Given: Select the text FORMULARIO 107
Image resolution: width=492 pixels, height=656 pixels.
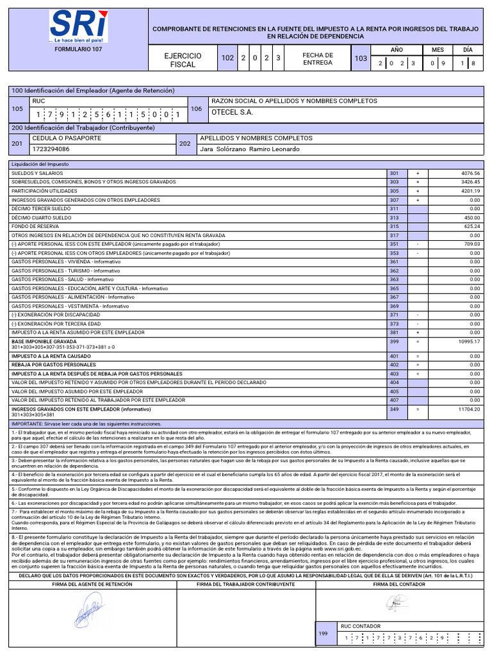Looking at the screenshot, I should tap(78, 49).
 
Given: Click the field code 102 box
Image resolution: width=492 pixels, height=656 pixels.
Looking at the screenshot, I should tap(227, 59).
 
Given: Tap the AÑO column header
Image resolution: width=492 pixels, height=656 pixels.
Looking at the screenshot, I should tap(397, 49).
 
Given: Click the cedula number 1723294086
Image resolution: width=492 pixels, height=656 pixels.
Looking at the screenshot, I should tap(51, 149).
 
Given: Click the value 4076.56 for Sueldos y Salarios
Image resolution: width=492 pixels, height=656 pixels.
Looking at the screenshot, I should tap(470, 174).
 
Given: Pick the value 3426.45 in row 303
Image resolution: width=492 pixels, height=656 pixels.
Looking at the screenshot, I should tap(470, 183).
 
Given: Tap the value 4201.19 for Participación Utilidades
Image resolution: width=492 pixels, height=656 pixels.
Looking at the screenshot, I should tap(470, 192).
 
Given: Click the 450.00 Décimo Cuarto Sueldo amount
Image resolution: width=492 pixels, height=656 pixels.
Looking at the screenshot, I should tap(472, 218).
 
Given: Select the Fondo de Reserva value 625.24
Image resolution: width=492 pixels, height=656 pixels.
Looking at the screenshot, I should tap(472, 227).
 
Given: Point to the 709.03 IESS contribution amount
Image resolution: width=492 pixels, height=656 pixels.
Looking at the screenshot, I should tap(472, 245).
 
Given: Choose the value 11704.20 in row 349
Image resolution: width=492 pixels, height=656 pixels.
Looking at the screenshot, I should tap(469, 409).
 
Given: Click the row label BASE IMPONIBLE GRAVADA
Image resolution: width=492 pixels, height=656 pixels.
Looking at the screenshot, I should tap(43, 342).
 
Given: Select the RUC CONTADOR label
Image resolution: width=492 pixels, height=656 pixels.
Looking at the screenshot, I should tap(360, 627).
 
